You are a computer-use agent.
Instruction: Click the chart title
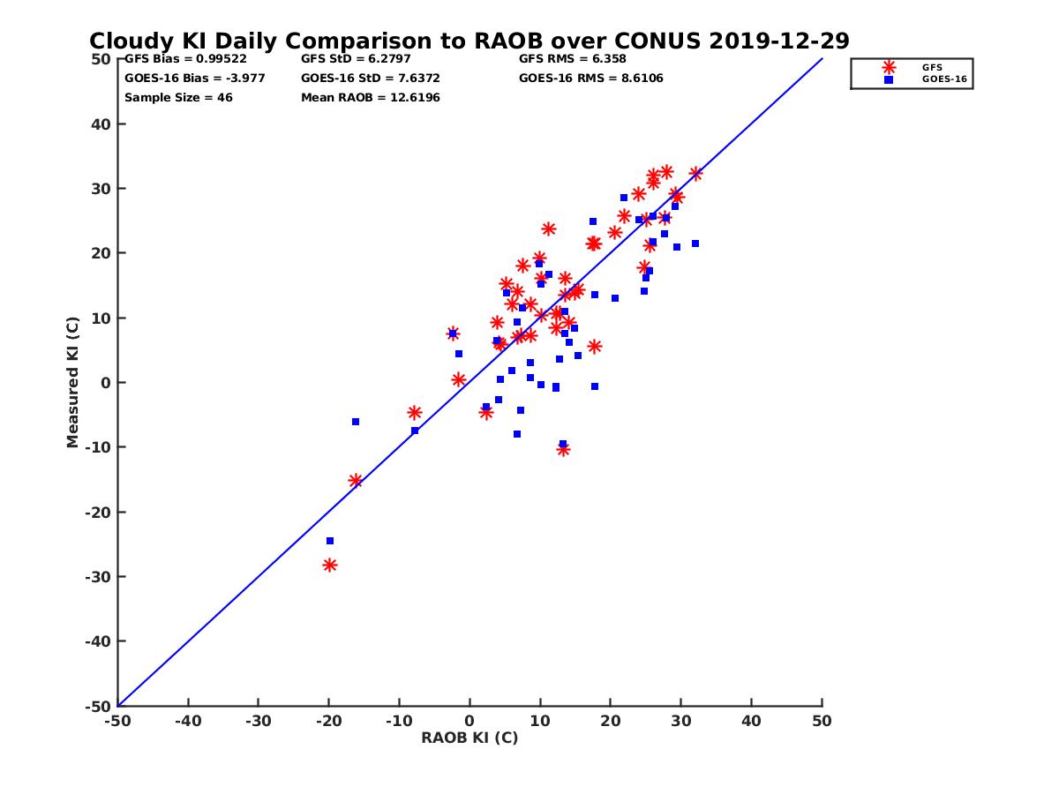pos(469,41)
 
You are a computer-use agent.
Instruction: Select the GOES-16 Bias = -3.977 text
pos(194,78)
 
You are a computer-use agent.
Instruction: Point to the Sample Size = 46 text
pos(178,97)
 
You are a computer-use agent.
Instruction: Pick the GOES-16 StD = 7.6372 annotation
pos(370,78)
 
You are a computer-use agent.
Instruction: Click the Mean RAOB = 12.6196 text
pos(370,97)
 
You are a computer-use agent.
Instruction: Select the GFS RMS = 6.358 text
pos(572,59)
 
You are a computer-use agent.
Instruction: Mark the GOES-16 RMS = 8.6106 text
pos(590,78)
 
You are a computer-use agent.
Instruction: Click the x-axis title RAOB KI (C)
pos(469,738)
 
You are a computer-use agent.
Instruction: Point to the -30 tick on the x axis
pos(258,721)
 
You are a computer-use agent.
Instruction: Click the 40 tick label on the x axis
pos(752,721)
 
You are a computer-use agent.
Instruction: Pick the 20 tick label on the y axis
pos(101,253)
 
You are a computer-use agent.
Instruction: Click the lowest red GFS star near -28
pos(329,565)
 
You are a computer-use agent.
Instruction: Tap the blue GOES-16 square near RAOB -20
pos(330,541)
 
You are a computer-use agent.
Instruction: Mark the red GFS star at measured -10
pos(563,450)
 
